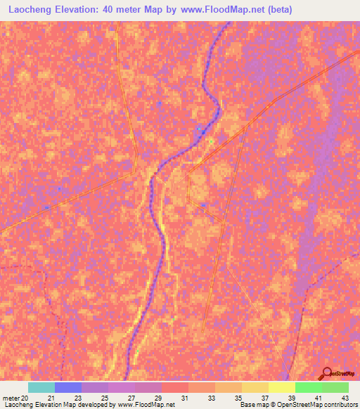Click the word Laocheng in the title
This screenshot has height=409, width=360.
pyautogui.click(x=29, y=10)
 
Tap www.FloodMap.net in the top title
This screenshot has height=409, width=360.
pyautogui.click(x=216, y=10)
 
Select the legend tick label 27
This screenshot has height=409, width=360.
pyautogui.click(x=131, y=398)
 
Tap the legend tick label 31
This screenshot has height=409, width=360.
pyautogui.click(x=184, y=398)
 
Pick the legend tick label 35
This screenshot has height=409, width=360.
pyautogui.click(x=238, y=398)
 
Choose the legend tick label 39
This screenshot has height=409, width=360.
pyautogui.click(x=291, y=398)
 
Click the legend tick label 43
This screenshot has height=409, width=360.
pyautogui.click(x=345, y=398)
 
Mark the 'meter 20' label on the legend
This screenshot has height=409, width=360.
pyautogui.click(x=15, y=398)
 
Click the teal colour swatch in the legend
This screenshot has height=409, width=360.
pyautogui.click(x=41, y=387)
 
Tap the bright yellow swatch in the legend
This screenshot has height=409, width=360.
pyautogui.click(x=282, y=387)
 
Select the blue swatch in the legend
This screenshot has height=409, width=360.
pyautogui.click(x=68, y=387)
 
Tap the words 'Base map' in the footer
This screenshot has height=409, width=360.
pyautogui.click(x=252, y=405)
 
